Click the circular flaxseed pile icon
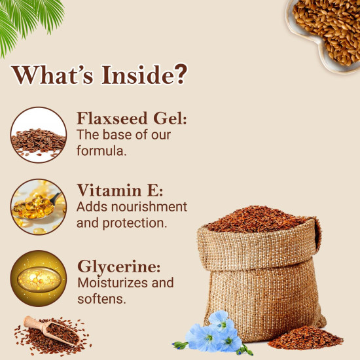(x=38, y=135)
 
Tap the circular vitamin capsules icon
(x=38, y=206)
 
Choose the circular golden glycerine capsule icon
(x=38, y=278)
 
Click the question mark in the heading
(x=179, y=74)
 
